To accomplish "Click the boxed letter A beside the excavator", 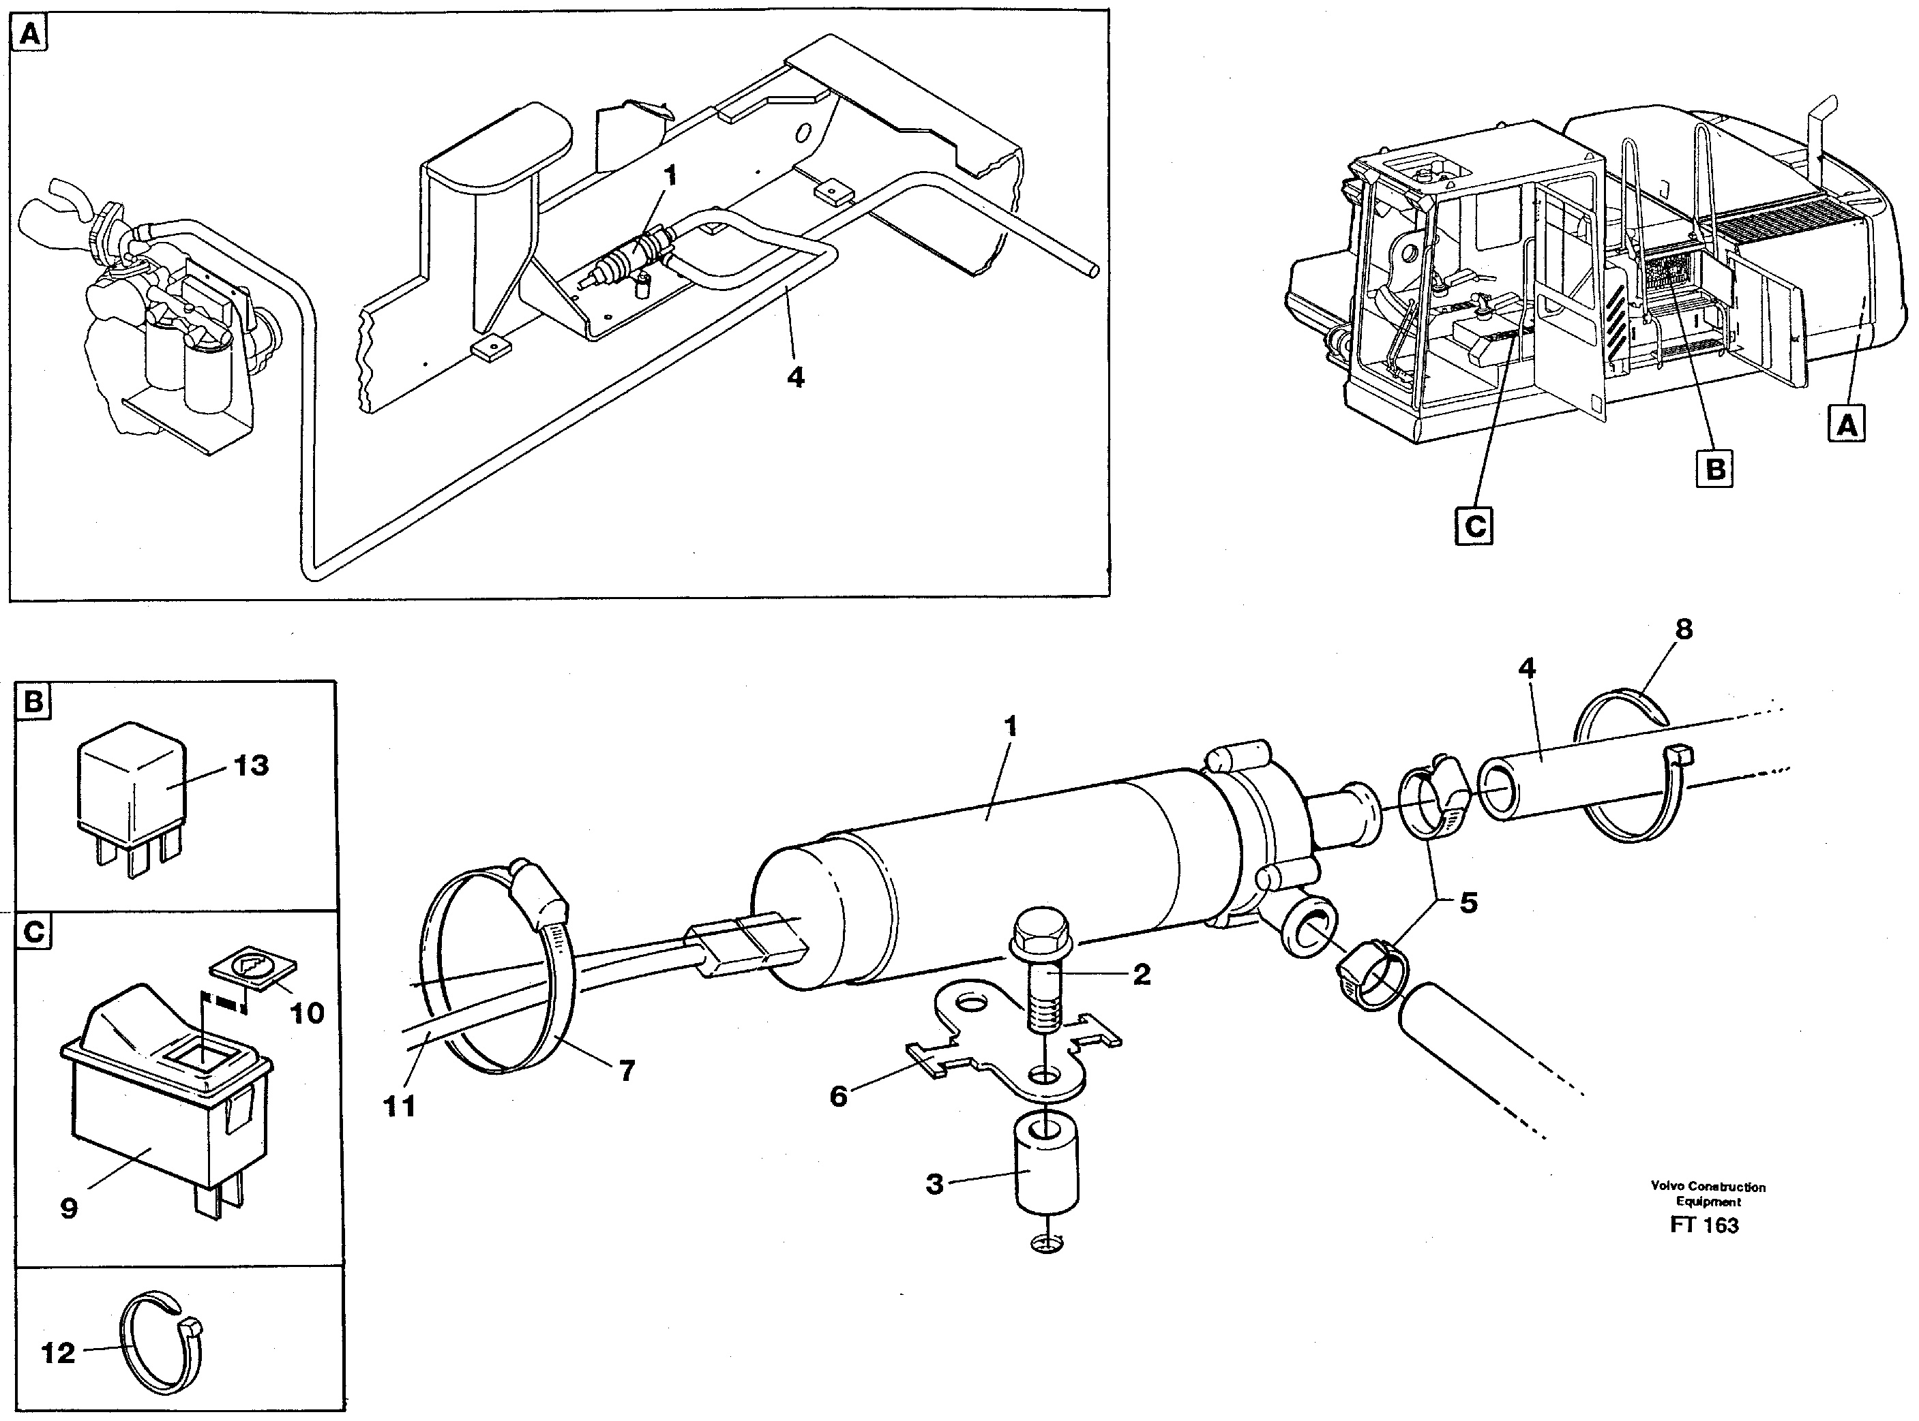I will (x=1847, y=423).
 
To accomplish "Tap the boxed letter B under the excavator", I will (x=1715, y=469).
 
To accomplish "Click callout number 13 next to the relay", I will (x=250, y=765).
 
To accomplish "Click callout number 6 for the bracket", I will (x=838, y=1097).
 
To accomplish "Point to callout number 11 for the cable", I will (x=400, y=1106).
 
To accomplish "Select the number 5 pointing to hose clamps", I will (x=1468, y=902).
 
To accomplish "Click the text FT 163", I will (x=1704, y=1225).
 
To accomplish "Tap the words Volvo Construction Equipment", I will (x=1708, y=1194).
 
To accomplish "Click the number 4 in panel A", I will (x=796, y=377).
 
